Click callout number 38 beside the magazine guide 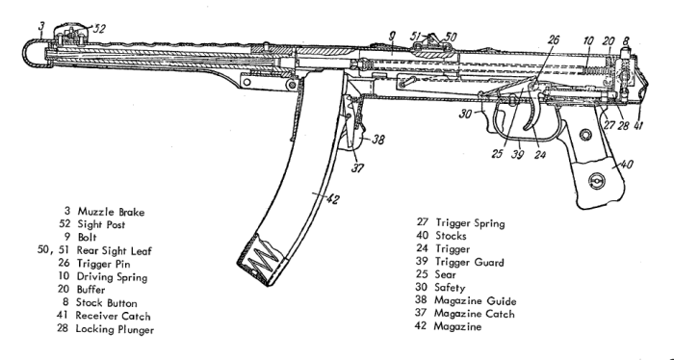click(379, 138)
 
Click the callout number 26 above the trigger click(552, 40)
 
